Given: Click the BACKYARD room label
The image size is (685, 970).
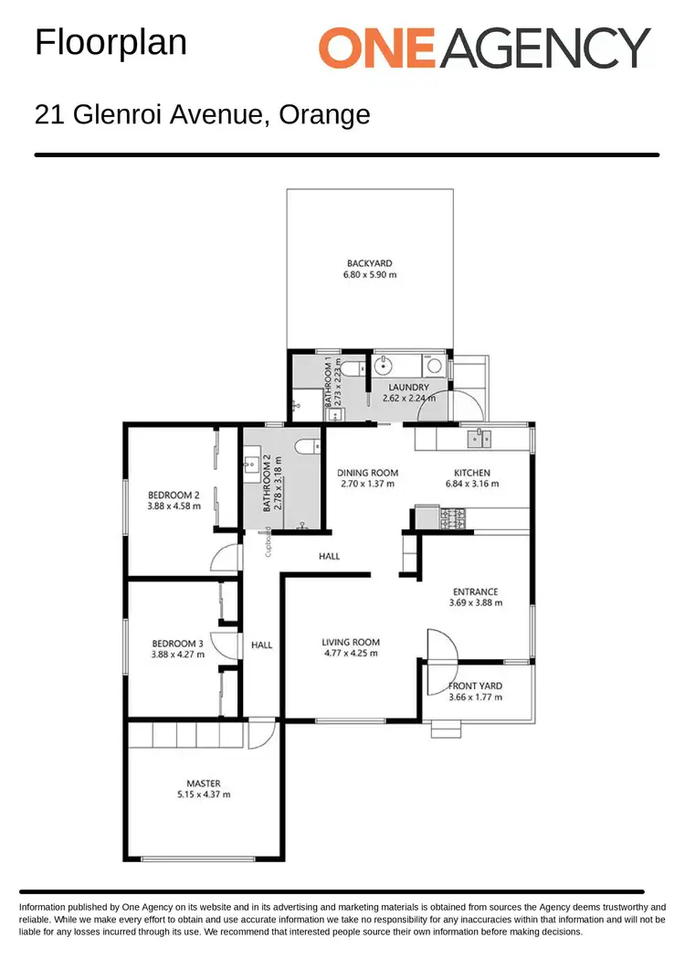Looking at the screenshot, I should coord(370,263).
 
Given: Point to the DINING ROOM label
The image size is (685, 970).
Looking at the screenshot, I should coord(365,473).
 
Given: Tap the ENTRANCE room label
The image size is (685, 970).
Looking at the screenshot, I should coord(475,592).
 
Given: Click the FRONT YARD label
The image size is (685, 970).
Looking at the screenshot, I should coord(475,687).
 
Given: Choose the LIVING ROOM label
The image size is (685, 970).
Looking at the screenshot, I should coord(351,642).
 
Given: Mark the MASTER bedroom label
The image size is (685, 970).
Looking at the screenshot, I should coord(203,783).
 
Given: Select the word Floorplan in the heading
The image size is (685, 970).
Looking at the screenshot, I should coord(111,43).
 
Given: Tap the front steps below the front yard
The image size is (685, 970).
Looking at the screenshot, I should coord(448,729).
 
